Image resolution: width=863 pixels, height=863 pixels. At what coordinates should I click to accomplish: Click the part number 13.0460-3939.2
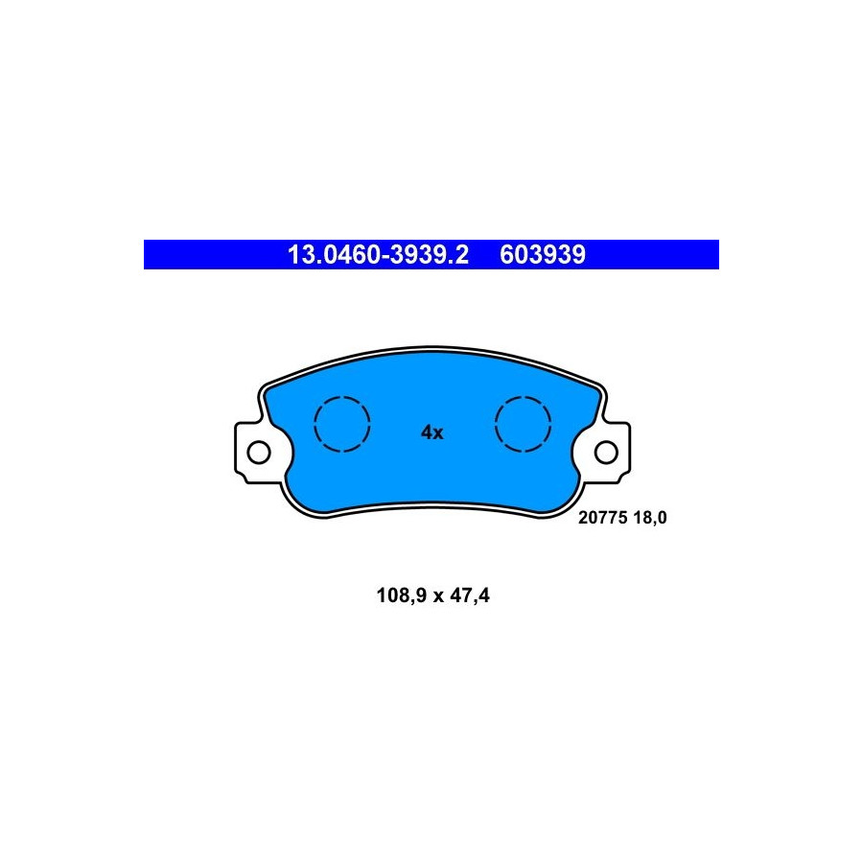tap(378, 255)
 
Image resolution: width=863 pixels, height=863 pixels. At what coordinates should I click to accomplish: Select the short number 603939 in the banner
tap(543, 255)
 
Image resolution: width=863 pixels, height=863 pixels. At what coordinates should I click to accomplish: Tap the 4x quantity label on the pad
tap(432, 432)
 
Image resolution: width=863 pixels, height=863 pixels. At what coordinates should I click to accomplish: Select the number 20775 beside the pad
tap(603, 518)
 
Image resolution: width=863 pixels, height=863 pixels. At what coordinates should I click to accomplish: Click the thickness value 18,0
tap(650, 518)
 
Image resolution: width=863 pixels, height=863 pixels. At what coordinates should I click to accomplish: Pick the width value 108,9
tap(402, 595)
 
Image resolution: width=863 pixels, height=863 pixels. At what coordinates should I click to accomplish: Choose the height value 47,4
tap(470, 595)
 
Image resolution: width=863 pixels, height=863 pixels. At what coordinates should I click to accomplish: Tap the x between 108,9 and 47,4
tap(438, 597)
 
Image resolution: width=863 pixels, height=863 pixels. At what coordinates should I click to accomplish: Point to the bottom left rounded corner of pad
tap(300, 503)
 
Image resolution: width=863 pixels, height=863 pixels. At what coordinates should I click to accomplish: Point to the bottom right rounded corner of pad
tap(565, 503)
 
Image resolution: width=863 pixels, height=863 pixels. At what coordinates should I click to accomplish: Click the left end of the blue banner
tap(144, 255)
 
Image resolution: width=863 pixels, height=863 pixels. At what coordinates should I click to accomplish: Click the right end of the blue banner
tap(718, 255)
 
